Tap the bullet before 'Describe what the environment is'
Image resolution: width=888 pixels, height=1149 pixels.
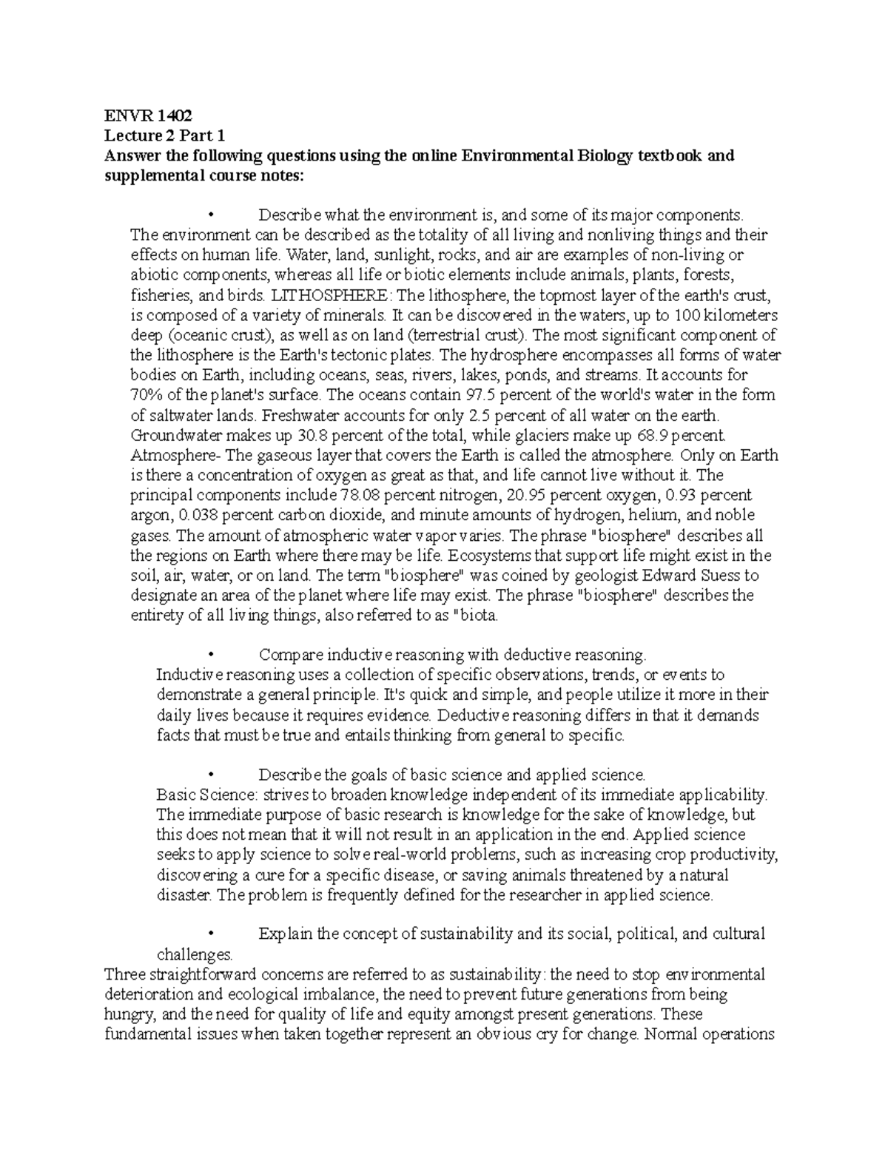[212, 216]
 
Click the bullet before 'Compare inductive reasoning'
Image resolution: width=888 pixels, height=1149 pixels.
[212, 655]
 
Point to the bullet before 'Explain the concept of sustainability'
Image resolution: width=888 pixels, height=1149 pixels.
[212, 934]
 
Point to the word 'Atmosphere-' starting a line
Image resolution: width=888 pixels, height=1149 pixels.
[169, 455]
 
